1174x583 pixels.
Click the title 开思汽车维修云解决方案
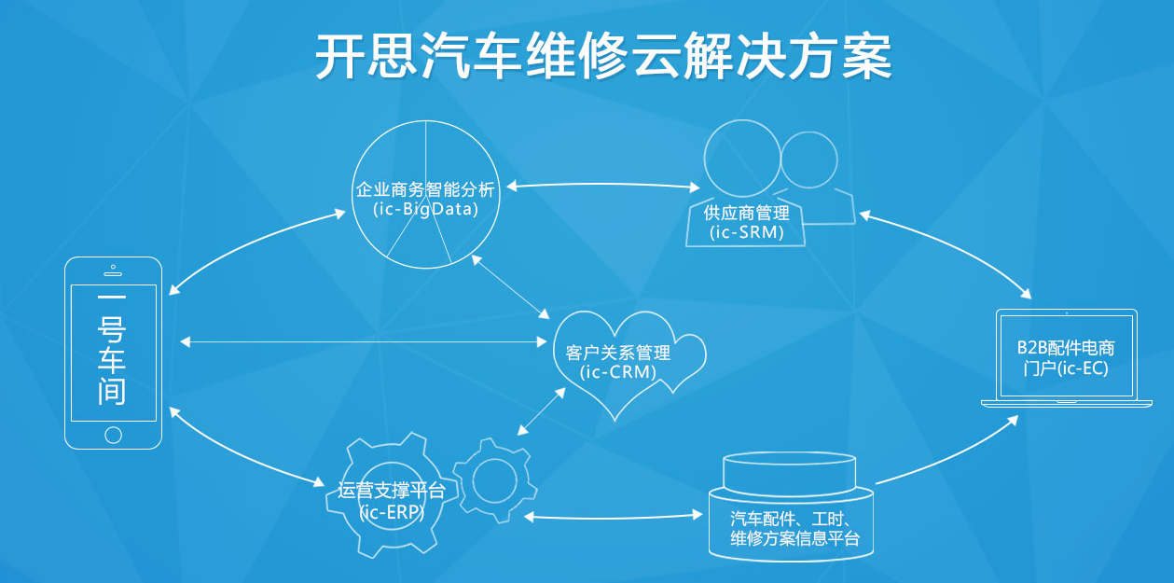(x=603, y=56)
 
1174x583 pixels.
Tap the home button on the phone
(x=113, y=435)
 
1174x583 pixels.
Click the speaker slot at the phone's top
(x=113, y=273)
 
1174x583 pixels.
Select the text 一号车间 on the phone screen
(x=112, y=349)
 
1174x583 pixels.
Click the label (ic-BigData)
(x=425, y=209)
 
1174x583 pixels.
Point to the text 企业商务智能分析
(x=425, y=189)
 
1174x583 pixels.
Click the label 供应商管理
(x=746, y=213)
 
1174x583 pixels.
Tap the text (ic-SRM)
(x=746, y=231)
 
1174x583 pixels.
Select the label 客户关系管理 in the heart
(x=618, y=353)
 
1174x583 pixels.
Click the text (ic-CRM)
(x=618, y=371)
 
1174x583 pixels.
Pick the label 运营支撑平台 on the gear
(x=392, y=491)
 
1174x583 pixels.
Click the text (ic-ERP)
(x=392, y=512)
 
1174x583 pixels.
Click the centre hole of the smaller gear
(x=494, y=480)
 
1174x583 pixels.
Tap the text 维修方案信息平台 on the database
(x=795, y=538)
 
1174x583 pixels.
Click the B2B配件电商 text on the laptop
(x=1066, y=348)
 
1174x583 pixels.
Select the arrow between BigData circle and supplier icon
(x=602, y=184)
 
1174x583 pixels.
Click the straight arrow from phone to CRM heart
(x=364, y=341)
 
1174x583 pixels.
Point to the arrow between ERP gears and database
(x=614, y=518)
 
